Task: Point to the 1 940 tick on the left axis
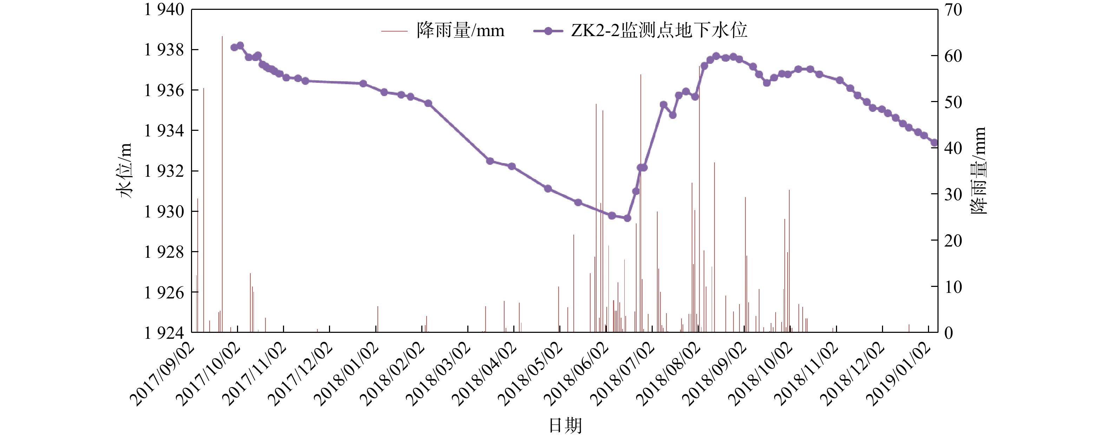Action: coord(164,9)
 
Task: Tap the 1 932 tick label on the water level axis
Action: coord(164,171)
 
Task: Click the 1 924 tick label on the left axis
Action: coord(164,333)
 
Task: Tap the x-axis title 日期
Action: coord(565,425)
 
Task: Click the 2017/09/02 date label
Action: coord(162,374)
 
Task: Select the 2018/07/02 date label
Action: coord(623,374)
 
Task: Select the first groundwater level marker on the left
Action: coord(234,48)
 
